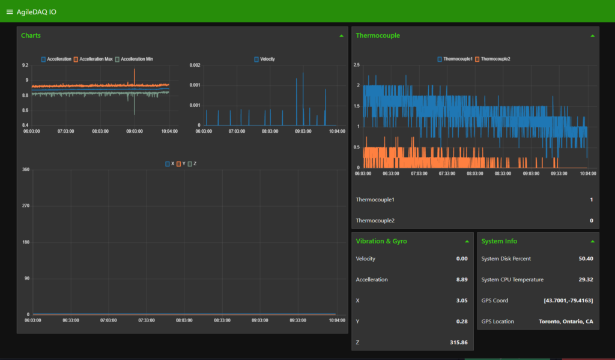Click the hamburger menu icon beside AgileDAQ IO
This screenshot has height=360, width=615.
[x=9, y=12]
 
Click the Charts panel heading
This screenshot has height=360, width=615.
[x=31, y=35]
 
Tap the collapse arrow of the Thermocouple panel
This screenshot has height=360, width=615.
[x=592, y=36]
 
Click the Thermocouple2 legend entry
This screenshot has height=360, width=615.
[x=492, y=59]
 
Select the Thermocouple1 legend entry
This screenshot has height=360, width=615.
[x=455, y=59]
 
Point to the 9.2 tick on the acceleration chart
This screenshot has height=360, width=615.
[x=25, y=65]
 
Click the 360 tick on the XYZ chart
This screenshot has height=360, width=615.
[x=25, y=169]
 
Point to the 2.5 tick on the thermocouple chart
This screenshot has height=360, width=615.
[x=356, y=65]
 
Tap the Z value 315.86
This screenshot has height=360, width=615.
[x=458, y=342]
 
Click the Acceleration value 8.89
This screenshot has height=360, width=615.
[x=461, y=279]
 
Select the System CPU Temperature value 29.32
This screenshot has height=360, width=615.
[x=585, y=279]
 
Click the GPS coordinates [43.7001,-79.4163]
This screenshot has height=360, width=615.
[x=568, y=301]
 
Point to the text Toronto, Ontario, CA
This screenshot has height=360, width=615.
[x=566, y=322]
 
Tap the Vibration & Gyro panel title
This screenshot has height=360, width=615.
[x=381, y=241]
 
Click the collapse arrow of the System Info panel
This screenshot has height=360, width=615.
[x=592, y=242]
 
